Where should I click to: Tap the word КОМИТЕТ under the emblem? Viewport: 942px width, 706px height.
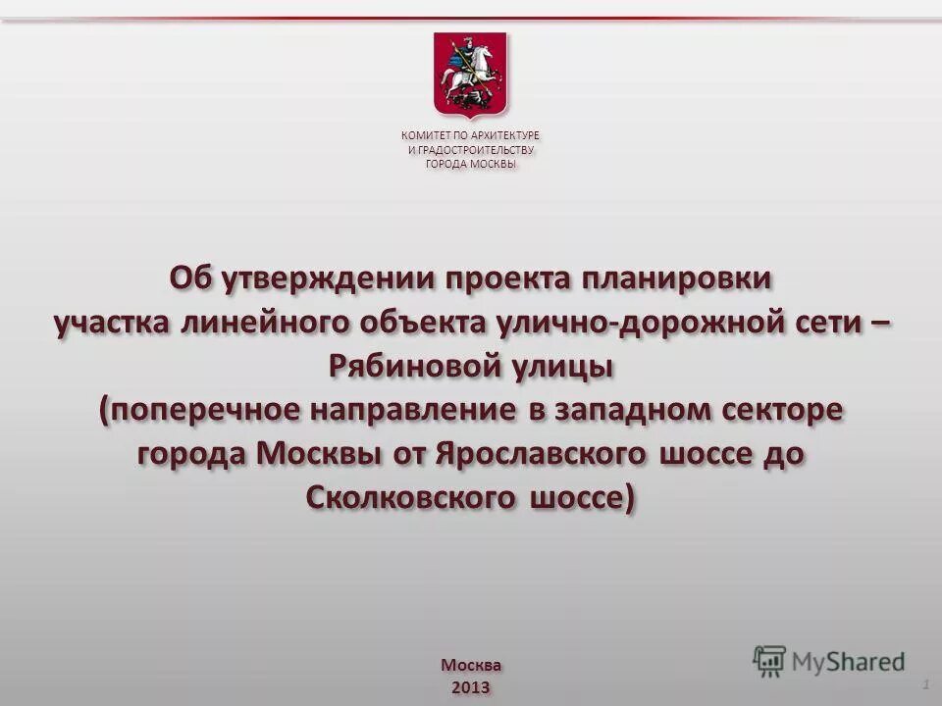point(423,135)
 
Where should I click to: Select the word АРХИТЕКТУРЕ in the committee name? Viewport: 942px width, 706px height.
point(504,135)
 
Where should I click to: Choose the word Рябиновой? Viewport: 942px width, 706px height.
point(411,368)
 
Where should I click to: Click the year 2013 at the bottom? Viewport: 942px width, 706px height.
point(470,685)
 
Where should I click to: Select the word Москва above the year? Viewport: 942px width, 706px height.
point(470,664)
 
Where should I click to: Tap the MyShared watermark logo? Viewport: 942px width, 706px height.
point(829,662)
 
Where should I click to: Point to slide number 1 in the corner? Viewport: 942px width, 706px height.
point(926,681)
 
